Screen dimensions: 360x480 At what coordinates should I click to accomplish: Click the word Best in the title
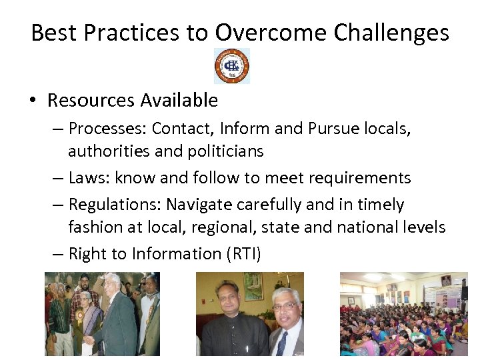51,33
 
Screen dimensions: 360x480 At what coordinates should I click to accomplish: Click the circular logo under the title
232,66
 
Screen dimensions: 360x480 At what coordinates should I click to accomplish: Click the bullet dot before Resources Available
31,101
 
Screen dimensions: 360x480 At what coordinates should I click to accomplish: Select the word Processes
106,128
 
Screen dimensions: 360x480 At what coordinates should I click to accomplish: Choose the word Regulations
113,204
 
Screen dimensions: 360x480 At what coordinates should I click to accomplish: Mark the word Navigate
197,204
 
